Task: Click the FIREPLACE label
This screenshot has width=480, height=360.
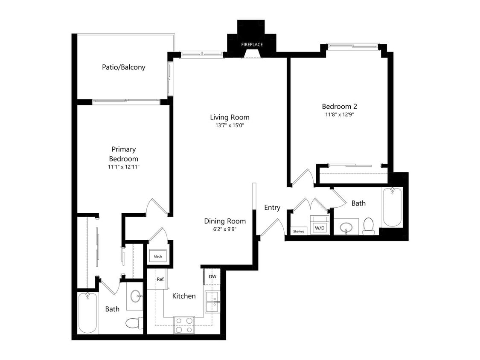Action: click(252, 44)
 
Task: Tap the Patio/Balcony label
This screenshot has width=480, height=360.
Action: click(123, 67)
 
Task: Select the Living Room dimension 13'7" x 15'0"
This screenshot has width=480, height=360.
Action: click(230, 125)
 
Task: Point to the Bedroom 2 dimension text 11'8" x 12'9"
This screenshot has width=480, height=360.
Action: click(339, 114)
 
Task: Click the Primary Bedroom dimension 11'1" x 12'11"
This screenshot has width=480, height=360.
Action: click(124, 167)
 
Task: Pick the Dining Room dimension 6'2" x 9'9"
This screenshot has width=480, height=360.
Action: click(224, 229)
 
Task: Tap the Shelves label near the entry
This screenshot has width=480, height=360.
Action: click(299, 232)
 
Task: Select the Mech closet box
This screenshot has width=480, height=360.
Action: click(158, 256)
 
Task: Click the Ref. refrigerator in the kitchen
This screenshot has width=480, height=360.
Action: click(160, 280)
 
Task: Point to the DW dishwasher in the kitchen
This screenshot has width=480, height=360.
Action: click(212, 276)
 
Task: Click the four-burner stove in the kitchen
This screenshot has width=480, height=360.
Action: click(184, 325)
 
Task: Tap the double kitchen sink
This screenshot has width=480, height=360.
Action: click(212, 302)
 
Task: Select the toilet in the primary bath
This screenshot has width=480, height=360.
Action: click(134, 322)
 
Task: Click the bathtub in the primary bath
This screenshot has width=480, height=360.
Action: click(88, 313)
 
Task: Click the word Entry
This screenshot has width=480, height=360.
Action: click(272, 208)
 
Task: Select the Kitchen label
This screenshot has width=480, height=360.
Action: click(184, 296)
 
